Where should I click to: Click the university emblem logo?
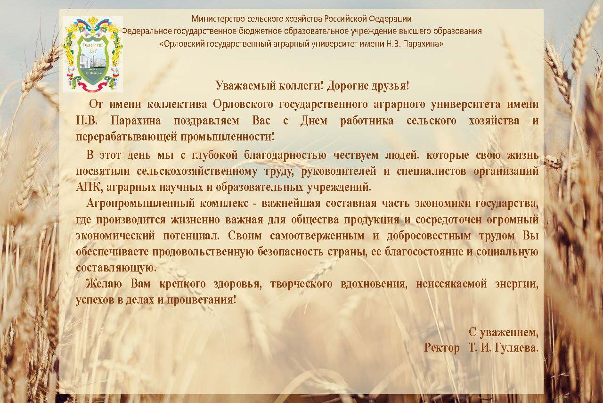pyautogui.click(x=93, y=54)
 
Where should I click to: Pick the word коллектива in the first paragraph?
pyautogui.click(x=177, y=104)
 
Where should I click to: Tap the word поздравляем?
pyautogui.click(x=206, y=121)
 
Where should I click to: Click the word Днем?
pyautogui.click(x=314, y=120)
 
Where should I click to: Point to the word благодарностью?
pyautogui.click(x=285, y=156)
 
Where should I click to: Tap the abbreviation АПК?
pyautogui.click(x=88, y=187)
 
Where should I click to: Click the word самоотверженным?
pyautogui.click(x=317, y=236)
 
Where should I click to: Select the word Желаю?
pyautogui.click(x=104, y=284)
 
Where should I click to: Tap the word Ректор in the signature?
pyautogui.click(x=442, y=348)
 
